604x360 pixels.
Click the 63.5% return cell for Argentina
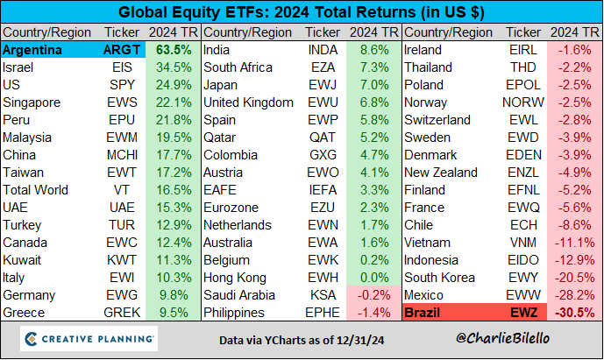point(174,50)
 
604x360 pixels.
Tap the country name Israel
point(19,67)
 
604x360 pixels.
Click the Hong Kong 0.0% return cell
point(373,276)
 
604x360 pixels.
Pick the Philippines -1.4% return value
point(373,311)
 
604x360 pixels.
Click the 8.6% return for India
point(373,50)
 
